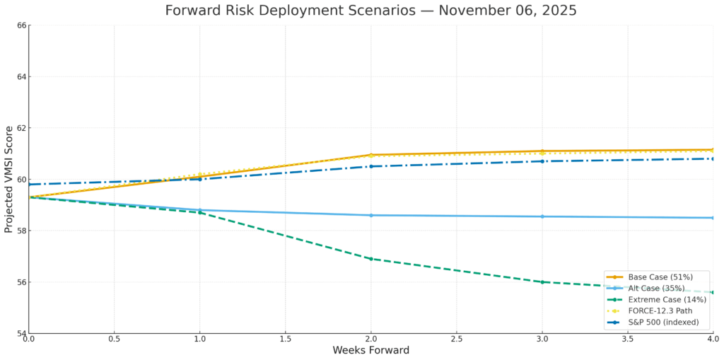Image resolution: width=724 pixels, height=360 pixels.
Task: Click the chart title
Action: click(370, 11)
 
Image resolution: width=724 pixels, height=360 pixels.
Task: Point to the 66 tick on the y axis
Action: click(21, 25)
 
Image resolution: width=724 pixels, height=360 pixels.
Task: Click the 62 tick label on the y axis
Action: click(21, 128)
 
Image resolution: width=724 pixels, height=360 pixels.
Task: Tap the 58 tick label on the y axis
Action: click(21, 231)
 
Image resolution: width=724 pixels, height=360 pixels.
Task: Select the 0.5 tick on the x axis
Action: click(114, 339)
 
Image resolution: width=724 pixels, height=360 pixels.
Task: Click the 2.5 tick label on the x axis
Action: click(456, 339)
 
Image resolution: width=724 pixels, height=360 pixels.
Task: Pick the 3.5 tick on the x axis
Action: click(627, 339)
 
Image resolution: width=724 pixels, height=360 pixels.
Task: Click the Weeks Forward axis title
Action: click(370, 351)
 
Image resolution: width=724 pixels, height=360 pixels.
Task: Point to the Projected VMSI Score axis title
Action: click(9, 179)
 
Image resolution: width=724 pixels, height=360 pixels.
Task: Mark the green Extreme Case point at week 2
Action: click(370, 259)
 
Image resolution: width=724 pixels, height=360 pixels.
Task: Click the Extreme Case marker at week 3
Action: click(542, 281)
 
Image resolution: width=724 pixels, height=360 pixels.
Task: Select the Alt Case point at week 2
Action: click(370, 215)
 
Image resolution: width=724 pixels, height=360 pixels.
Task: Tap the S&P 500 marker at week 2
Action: click(370, 166)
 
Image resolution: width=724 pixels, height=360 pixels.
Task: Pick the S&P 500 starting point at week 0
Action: click(29, 184)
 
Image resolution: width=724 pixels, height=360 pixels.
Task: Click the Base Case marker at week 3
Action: click(542, 151)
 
